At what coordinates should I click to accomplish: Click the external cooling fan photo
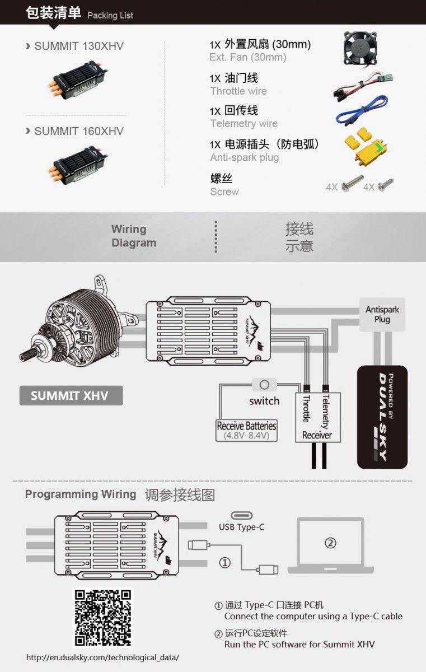click(x=360, y=48)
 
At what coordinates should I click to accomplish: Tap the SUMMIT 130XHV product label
click(x=79, y=46)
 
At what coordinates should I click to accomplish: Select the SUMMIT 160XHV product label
click(x=79, y=131)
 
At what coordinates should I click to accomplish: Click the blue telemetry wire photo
click(x=362, y=110)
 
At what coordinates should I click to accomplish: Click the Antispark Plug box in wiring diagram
click(x=382, y=314)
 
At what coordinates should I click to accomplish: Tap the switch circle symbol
click(x=264, y=385)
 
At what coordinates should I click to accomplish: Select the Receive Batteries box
click(x=246, y=430)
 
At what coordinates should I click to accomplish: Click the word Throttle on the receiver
click(x=306, y=409)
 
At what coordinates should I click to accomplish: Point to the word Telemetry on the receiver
click(x=326, y=411)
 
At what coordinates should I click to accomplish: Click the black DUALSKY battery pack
click(x=382, y=417)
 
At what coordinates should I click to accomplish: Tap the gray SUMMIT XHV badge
click(x=71, y=395)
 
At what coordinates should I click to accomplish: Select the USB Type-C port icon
click(x=242, y=515)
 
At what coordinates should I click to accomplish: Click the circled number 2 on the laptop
click(x=330, y=543)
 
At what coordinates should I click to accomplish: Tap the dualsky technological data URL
click(x=102, y=657)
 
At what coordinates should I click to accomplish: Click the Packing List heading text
click(x=110, y=15)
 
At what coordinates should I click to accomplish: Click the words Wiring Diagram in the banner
click(x=134, y=236)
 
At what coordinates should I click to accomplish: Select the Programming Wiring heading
click(x=81, y=494)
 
